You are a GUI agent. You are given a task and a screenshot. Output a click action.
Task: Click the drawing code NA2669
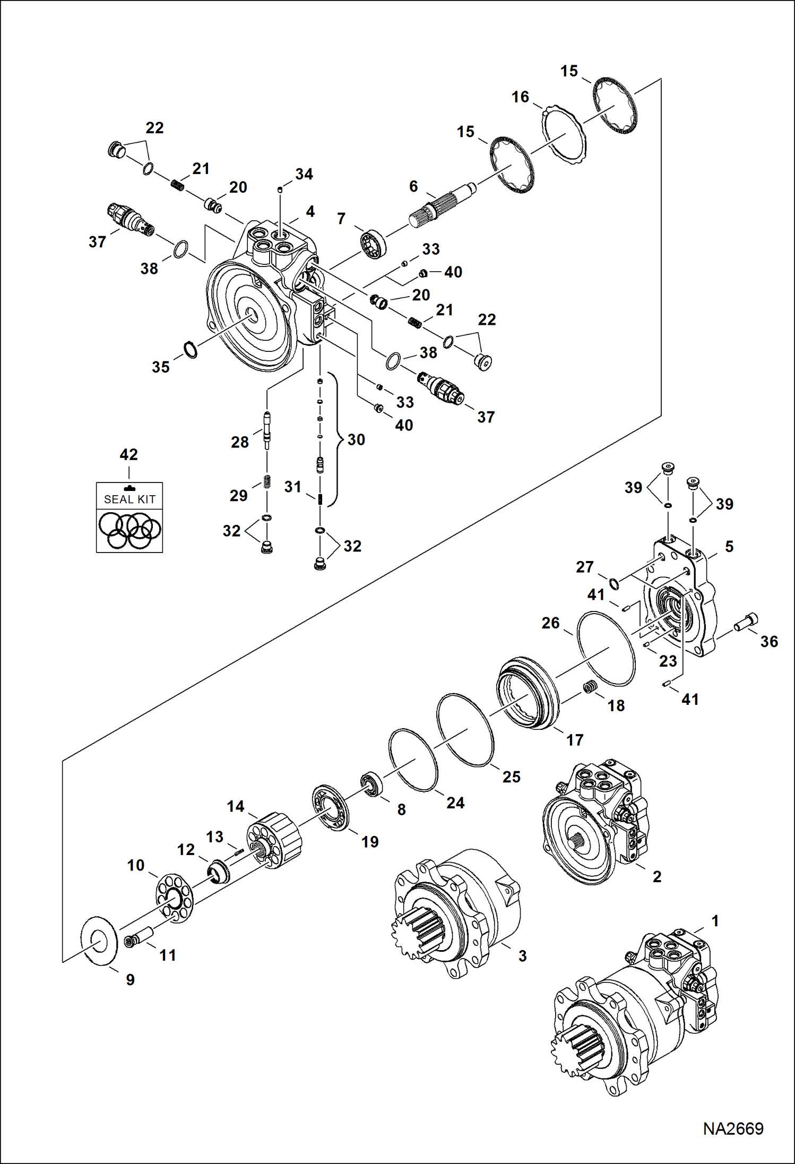[733, 1128]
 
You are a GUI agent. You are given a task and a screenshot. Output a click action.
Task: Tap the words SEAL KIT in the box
[129, 499]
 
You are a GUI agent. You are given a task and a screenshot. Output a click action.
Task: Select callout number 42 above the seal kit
[128, 454]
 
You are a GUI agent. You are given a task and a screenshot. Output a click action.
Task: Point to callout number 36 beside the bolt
[769, 642]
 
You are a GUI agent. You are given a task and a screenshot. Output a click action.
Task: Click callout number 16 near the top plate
[520, 97]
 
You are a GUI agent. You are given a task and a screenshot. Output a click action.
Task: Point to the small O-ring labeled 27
[614, 584]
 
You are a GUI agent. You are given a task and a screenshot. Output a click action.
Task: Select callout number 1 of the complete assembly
[714, 921]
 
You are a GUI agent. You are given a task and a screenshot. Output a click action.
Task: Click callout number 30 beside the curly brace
[356, 439]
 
